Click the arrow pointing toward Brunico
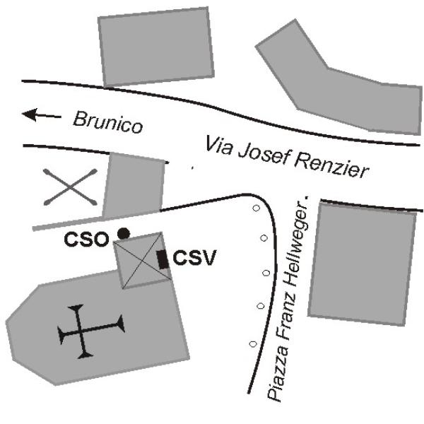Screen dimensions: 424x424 [42, 115]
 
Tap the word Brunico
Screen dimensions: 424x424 [108, 122]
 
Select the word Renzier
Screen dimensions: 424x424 [332, 165]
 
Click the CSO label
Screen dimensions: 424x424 [86, 240]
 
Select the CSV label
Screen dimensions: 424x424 [195, 258]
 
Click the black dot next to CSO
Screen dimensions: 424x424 [124, 234]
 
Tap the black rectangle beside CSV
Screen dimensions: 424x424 [163, 259]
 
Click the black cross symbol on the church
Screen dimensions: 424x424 [91, 331]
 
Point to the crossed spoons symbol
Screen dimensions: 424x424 [70, 187]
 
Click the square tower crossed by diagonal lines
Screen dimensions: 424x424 [143, 260]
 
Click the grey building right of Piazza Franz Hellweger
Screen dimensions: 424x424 [362, 264]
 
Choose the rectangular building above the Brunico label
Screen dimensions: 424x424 [156, 47]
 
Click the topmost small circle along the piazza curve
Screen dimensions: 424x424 [256, 208]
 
